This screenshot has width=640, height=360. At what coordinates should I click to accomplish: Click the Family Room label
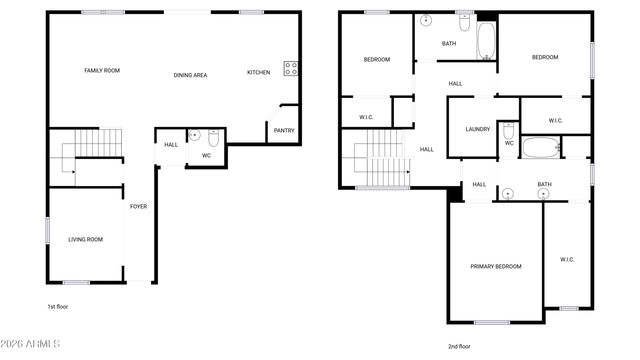click(102, 71)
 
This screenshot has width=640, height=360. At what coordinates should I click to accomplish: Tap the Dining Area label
click(190, 75)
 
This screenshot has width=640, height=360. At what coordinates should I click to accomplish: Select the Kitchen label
click(258, 73)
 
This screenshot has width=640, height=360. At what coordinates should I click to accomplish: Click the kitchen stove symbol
click(291, 68)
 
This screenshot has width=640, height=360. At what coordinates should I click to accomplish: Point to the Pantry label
click(284, 129)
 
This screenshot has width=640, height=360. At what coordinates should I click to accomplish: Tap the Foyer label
click(138, 207)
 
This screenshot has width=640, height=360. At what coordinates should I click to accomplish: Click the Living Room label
click(85, 239)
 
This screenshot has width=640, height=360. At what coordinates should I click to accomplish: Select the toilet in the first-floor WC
click(213, 138)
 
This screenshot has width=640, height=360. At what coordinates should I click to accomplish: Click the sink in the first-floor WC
click(194, 135)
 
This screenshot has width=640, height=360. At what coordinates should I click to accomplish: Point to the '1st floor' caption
click(58, 306)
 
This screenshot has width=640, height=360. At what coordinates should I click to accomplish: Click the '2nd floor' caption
click(460, 346)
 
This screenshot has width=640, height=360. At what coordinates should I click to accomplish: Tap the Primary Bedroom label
click(496, 267)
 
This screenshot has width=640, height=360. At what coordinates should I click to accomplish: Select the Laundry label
click(477, 129)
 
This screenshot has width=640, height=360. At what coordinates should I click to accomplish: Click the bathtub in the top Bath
click(485, 41)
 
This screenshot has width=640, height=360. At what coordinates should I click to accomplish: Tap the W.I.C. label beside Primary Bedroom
click(566, 259)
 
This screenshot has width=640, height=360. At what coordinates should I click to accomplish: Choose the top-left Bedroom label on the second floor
click(376, 60)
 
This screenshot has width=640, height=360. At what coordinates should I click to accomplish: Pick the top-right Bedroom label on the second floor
click(545, 58)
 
